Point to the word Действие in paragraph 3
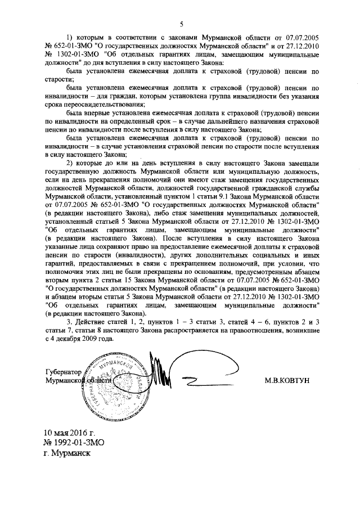92,322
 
